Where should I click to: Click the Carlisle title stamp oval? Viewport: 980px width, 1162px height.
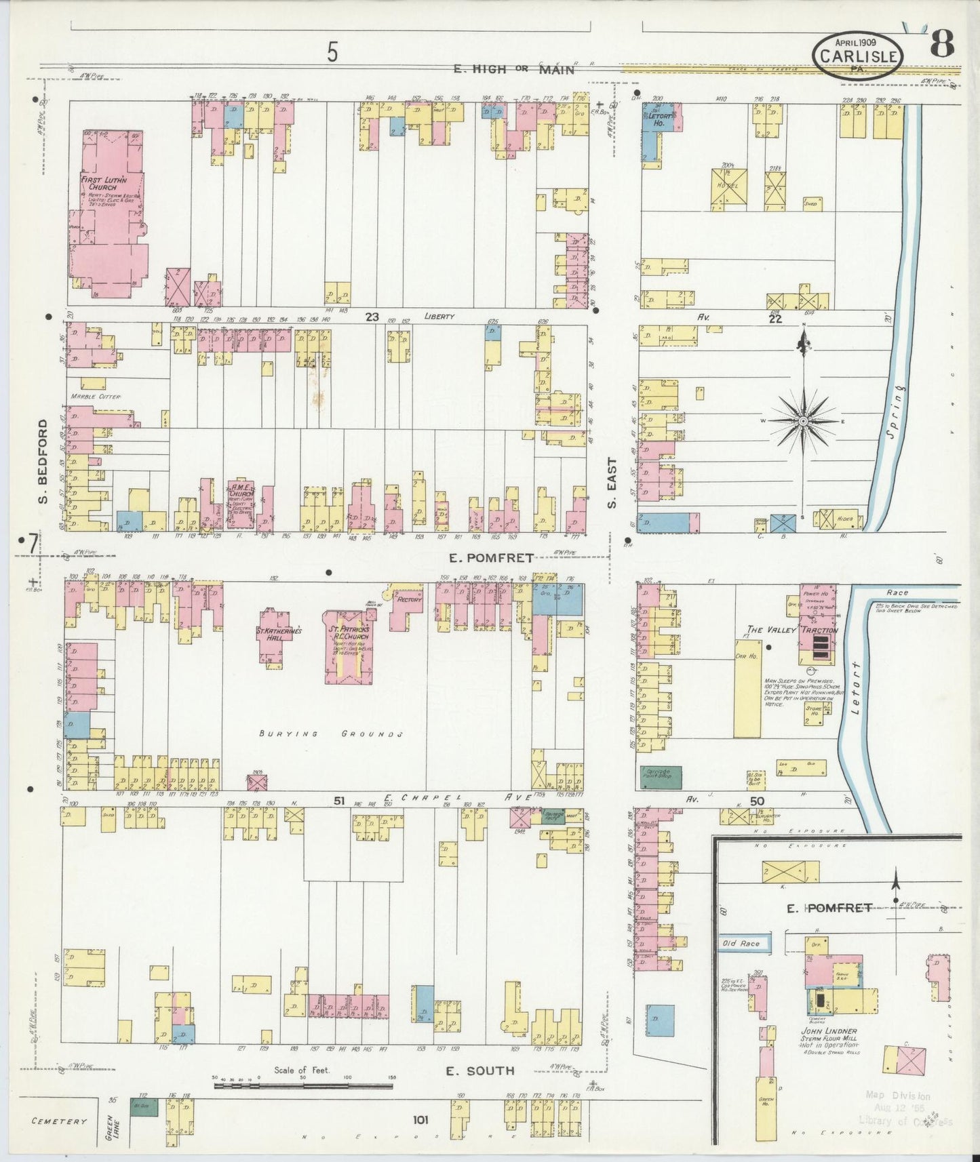[x=859, y=56]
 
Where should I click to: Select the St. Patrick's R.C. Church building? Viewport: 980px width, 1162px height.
[x=348, y=644]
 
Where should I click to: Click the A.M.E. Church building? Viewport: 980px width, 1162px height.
[x=242, y=505]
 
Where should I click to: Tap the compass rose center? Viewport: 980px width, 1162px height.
[x=803, y=422]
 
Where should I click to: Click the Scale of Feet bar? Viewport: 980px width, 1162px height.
[x=303, y=1085]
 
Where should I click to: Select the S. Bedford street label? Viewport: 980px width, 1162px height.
[x=43, y=461]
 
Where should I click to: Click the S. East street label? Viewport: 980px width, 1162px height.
[x=612, y=483]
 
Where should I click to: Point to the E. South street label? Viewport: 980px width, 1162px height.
[x=480, y=1070]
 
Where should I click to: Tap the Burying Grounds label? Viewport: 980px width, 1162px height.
[x=332, y=734]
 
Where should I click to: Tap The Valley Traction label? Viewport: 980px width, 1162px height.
[x=792, y=630]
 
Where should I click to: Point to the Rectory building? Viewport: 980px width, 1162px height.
[x=409, y=600]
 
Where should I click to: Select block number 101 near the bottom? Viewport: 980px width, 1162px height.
[x=420, y=1120]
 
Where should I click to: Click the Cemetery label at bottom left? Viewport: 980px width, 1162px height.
[x=59, y=1121]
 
